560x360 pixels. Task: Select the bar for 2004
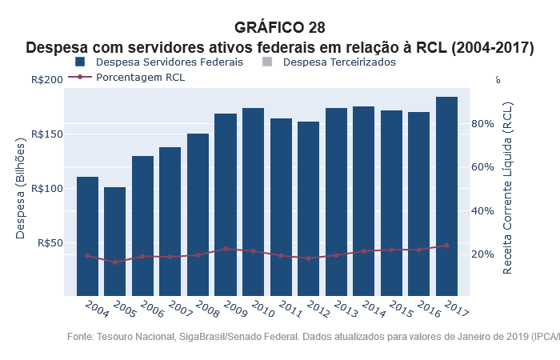87,236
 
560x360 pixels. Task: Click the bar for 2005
114,241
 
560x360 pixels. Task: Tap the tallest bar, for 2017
446,196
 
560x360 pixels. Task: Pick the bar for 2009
226,204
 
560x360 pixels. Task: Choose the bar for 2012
309,208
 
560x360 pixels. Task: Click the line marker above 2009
226,249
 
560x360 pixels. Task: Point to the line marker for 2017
446,246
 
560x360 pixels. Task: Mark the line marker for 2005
114,262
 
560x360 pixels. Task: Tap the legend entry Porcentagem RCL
128,78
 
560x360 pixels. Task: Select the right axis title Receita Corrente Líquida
509,188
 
